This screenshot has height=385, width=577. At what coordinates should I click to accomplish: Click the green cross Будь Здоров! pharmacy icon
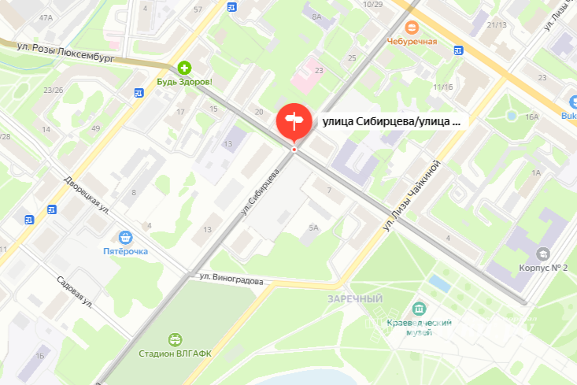[x=183, y=68]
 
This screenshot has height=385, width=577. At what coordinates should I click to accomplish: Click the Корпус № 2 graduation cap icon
[x=543, y=254]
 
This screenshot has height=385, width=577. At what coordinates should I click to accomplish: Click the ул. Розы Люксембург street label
[x=67, y=53]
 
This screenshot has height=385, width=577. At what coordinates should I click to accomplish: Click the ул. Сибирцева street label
[x=261, y=192]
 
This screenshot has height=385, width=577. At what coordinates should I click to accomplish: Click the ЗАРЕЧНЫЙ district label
[x=355, y=299]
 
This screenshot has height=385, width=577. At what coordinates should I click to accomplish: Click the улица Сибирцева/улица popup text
[x=390, y=122]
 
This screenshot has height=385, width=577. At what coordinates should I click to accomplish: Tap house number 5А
[x=313, y=228]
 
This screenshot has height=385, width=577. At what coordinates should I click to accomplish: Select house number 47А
[x=46, y=17]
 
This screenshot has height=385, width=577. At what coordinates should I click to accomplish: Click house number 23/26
[x=54, y=90]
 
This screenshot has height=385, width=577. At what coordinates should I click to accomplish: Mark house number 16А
[x=532, y=117]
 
